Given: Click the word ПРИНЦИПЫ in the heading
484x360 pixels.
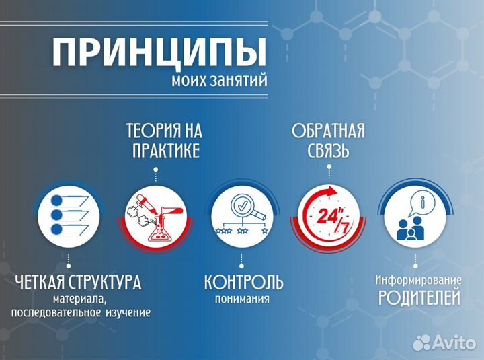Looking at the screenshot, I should click(x=159, y=53).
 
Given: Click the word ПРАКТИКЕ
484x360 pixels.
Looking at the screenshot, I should click(x=165, y=151).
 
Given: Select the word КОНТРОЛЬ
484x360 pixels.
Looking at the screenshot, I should click(x=243, y=281).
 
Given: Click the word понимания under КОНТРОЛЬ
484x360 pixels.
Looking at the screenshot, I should click(x=243, y=299).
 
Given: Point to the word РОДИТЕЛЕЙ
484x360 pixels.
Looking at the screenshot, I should click(x=419, y=297).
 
